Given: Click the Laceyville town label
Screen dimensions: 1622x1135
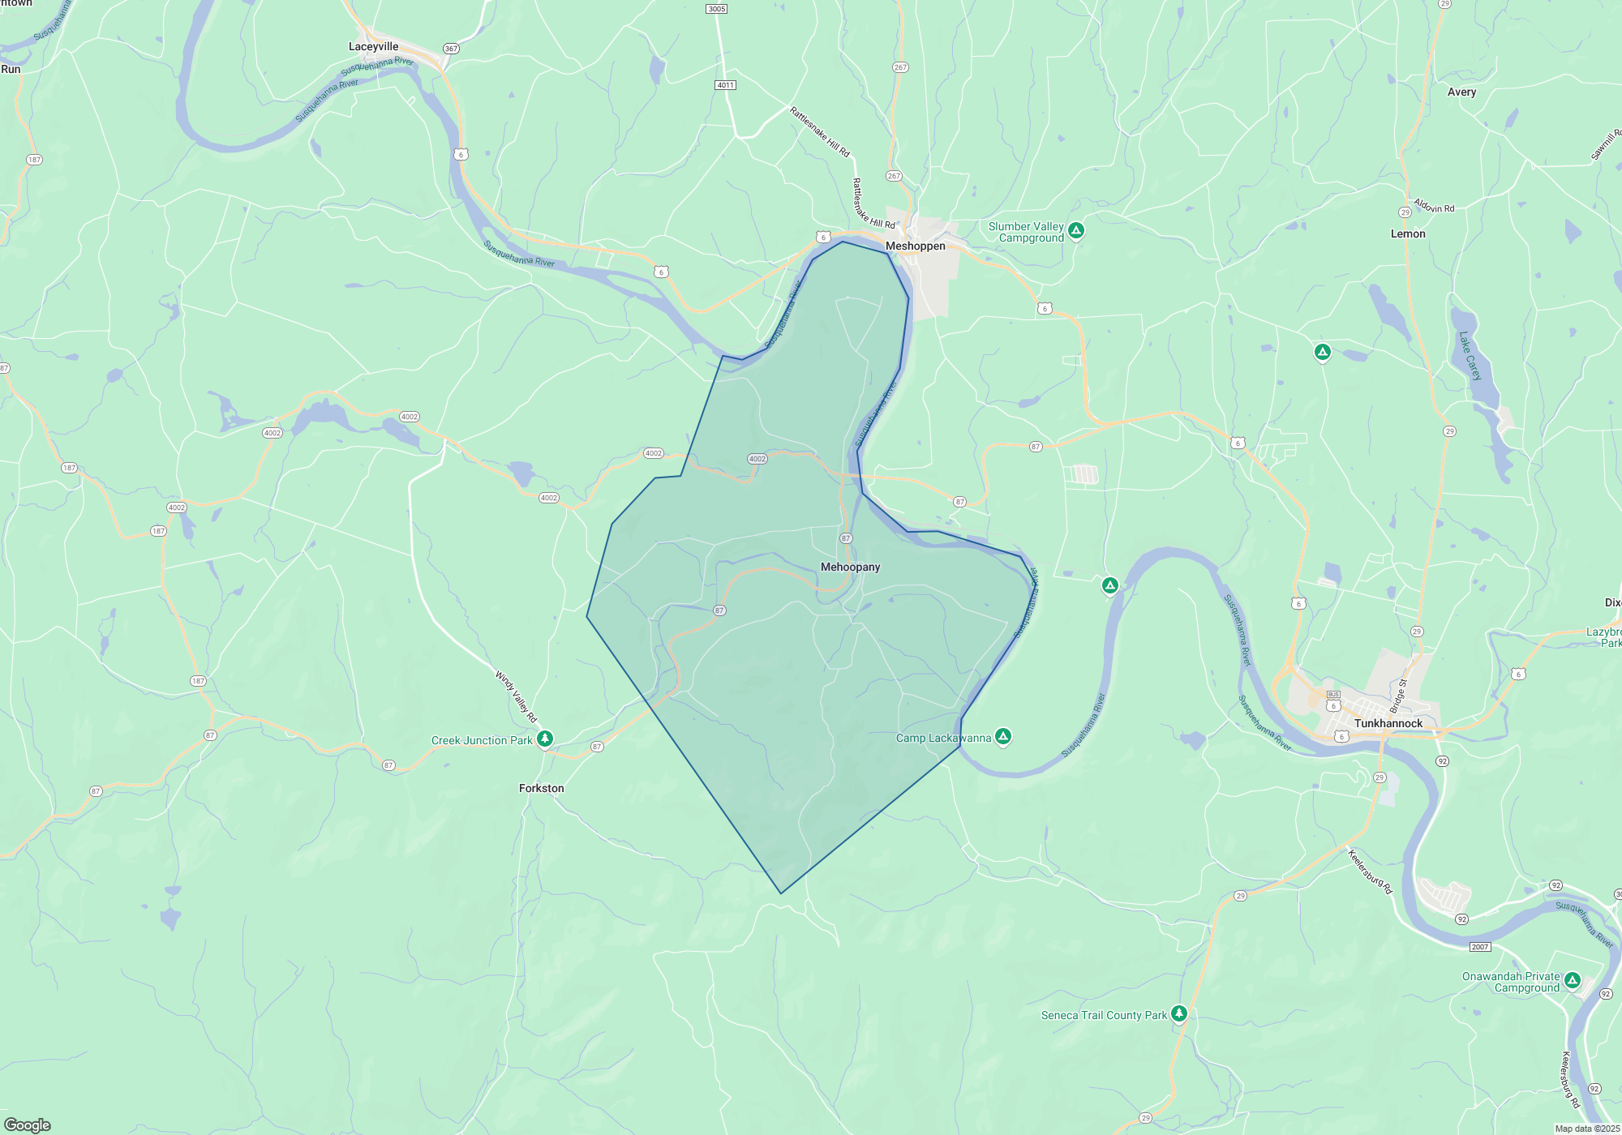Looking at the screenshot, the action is [x=373, y=47].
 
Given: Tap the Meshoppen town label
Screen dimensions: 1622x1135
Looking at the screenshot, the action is [x=915, y=246].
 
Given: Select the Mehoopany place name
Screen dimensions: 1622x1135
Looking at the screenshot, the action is [x=850, y=567].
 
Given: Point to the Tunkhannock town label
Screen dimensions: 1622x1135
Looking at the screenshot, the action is [x=1388, y=723].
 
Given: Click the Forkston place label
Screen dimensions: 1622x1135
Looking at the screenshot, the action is [x=541, y=788].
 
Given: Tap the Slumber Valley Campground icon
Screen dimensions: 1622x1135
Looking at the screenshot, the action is [x=1076, y=231].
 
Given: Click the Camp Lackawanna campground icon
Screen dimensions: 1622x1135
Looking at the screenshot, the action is [x=1003, y=737].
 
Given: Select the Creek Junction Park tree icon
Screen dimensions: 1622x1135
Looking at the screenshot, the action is [x=546, y=739].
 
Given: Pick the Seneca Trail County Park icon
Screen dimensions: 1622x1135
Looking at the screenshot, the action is [x=1179, y=1013].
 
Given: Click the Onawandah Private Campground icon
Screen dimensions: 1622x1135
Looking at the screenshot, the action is [x=1573, y=981].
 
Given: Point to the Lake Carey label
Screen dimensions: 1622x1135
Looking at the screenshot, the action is [x=1470, y=356].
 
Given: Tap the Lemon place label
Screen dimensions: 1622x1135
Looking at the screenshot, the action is [x=1408, y=233].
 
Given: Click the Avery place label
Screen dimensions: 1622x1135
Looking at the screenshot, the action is [x=1461, y=92].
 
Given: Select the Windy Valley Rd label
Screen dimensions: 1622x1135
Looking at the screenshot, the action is [x=517, y=696].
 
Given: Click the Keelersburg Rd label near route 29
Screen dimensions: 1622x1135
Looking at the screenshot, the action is [x=1370, y=871].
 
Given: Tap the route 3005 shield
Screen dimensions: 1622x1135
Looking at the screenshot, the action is [x=717, y=9].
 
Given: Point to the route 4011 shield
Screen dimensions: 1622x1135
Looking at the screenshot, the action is [x=725, y=85].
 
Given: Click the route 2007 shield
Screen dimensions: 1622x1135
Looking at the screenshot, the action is [x=1480, y=947].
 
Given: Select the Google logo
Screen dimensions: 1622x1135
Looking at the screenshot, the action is [x=28, y=1124].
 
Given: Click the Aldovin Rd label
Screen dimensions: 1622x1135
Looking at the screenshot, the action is [x=1434, y=206].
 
